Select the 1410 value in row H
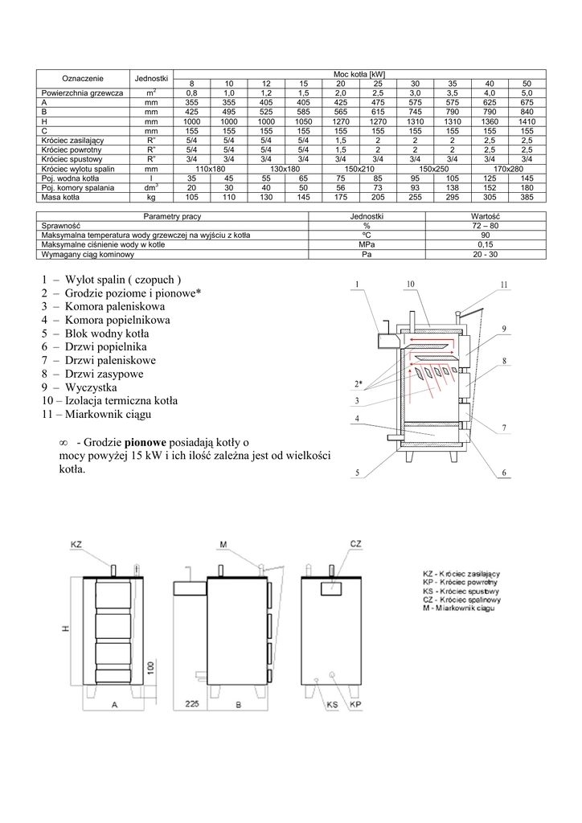click(527, 121)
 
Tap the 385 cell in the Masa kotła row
click(527, 197)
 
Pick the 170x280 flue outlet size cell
click(508, 169)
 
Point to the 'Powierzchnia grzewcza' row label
click(81, 93)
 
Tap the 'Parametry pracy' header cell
click(172, 217)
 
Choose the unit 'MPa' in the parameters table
click(367, 244)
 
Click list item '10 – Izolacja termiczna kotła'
click(109, 400)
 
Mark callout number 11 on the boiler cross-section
click(504, 285)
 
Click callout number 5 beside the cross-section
click(356, 473)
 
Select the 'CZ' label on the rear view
click(356, 545)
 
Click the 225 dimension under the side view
click(191, 704)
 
